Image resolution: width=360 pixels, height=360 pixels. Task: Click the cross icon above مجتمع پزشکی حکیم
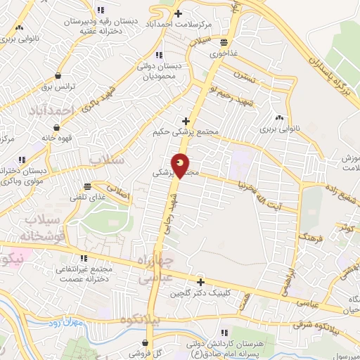point(186,121)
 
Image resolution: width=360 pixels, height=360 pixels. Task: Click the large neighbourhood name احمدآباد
point(52,110)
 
